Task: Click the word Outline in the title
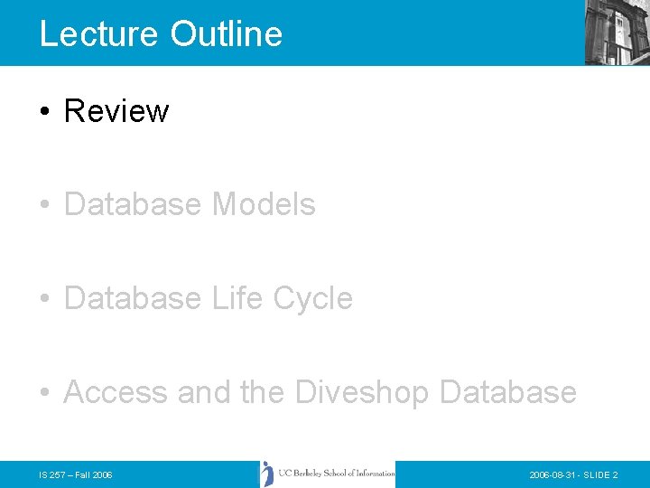226,34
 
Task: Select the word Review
116,111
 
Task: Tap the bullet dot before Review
44,112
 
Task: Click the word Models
264,205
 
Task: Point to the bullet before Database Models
44,206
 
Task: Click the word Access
116,392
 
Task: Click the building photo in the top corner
617,32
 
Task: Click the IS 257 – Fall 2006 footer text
76,474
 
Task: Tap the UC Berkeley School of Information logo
328,474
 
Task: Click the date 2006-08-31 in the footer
553,474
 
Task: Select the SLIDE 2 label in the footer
600,474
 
